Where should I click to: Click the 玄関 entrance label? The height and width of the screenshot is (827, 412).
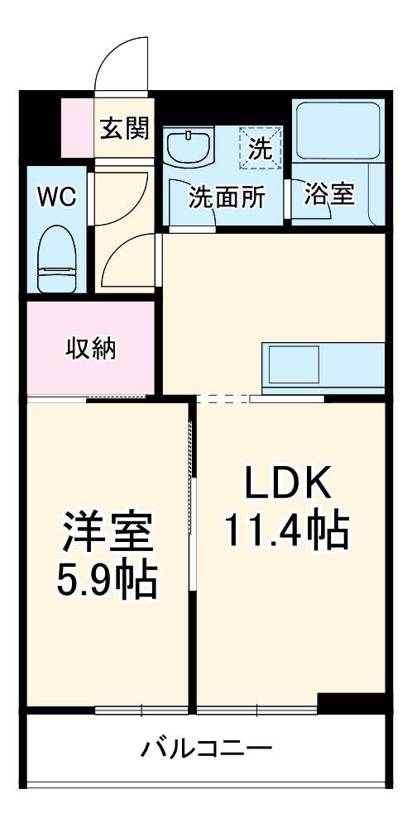[125, 129]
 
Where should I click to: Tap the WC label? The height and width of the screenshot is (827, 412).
[57, 197]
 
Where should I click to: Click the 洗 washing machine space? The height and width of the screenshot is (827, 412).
[261, 149]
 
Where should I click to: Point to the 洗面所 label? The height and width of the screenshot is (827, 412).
[227, 197]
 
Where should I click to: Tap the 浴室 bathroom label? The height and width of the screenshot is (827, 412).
[329, 195]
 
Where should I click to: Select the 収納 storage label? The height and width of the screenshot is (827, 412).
[91, 349]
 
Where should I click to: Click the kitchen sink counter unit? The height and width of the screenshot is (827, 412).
[323, 366]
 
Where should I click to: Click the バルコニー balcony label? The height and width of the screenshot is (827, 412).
[206, 750]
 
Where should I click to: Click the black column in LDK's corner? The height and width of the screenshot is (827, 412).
[351, 703]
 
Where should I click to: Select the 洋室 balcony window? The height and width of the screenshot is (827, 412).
[141, 709]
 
